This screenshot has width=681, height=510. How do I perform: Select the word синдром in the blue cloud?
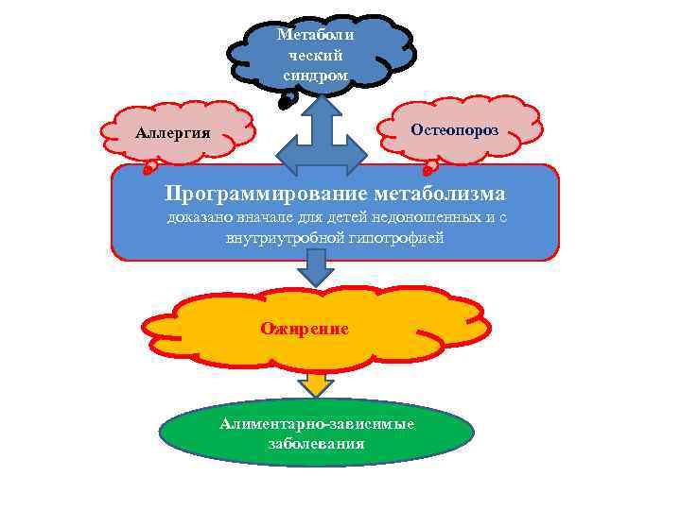pyautogui.click(x=316, y=75)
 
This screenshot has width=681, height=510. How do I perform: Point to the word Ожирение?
pyautogui.click(x=305, y=329)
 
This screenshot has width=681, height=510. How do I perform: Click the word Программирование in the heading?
pyautogui.click(x=266, y=194)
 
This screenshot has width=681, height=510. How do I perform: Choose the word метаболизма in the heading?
pyautogui.click(x=439, y=194)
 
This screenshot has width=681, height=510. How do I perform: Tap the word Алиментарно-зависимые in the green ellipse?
pyautogui.click(x=317, y=423)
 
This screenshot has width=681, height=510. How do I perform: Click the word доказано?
pyautogui.click(x=198, y=218)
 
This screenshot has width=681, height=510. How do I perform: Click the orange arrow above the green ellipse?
pyautogui.click(x=316, y=382)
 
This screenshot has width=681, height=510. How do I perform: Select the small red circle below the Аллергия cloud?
pyautogui.click(x=148, y=171)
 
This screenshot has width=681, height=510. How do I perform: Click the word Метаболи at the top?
pyautogui.click(x=316, y=35)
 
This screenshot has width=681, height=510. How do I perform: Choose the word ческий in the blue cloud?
pyautogui.click(x=316, y=55)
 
